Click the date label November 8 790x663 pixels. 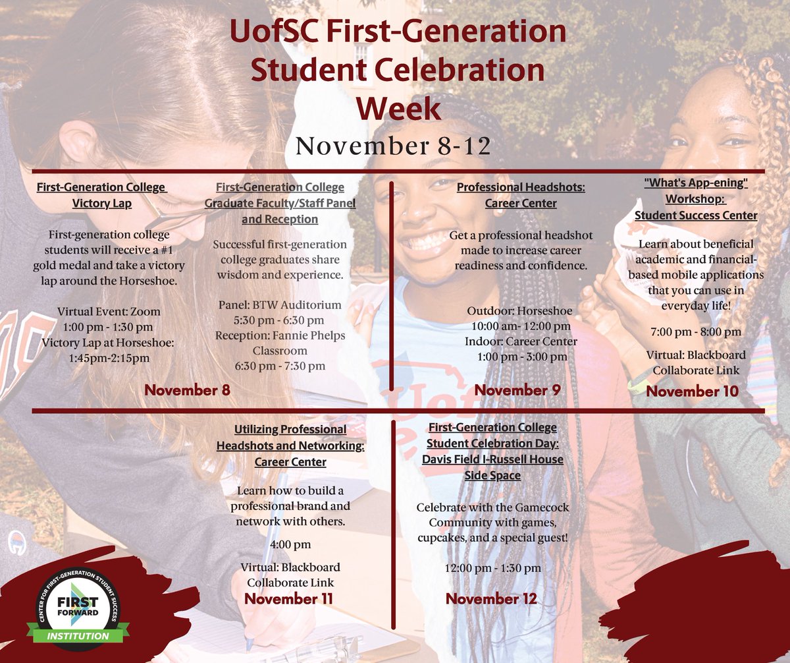(x=188, y=389)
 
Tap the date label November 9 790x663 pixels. (x=517, y=389)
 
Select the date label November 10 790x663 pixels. (x=692, y=391)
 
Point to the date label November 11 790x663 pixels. (x=289, y=598)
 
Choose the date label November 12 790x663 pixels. (x=491, y=598)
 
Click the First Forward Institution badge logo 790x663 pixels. (x=78, y=606)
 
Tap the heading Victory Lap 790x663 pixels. (x=102, y=203)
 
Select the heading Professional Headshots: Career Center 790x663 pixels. (x=521, y=195)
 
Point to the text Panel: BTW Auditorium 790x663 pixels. (x=280, y=304)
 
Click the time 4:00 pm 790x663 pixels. (x=290, y=544)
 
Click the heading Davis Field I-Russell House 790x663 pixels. (x=492, y=459)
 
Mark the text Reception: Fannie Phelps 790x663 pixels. (x=280, y=335)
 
